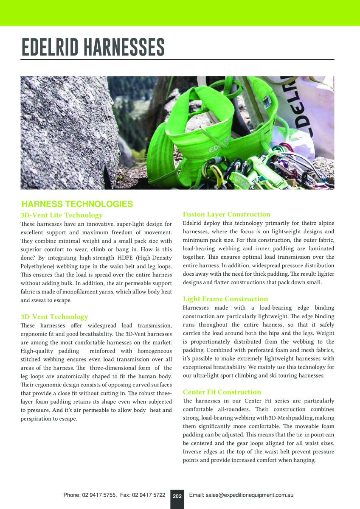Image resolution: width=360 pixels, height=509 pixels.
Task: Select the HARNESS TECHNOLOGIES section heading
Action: pyautogui.click(x=77, y=204)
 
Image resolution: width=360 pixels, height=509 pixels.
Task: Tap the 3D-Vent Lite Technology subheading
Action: pyautogui.click(x=62, y=215)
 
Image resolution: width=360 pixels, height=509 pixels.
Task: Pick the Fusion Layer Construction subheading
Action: pyautogui.click(x=226, y=214)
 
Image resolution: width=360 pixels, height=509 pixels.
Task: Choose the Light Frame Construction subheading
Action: pyautogui.click(x=225, y=299)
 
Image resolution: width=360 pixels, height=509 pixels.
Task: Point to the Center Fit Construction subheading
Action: pyautogui.click(x=222, y=392)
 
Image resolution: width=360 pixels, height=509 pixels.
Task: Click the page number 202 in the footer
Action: pyautogui.click(x=177, y=495)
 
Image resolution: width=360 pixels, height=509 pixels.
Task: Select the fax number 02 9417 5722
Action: pyautogui.click(x=148, y=495)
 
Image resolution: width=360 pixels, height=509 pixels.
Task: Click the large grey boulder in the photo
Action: pyautogui.click(x=64, y=127)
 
